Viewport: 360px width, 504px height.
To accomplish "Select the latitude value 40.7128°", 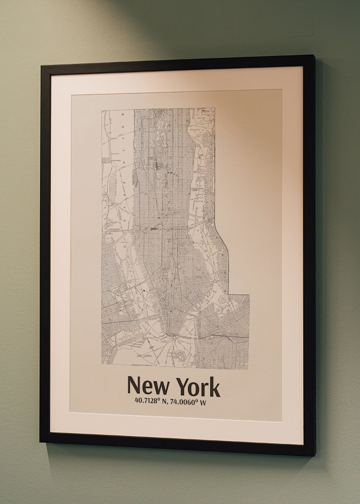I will tap(147, 401).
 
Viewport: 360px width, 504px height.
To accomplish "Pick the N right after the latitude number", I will tap(164, 402).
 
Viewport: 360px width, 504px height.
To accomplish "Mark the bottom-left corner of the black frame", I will tap(40, 441).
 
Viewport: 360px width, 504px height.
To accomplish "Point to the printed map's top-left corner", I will tap(102, 110).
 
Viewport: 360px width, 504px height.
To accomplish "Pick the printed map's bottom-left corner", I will tap(102, 364).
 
